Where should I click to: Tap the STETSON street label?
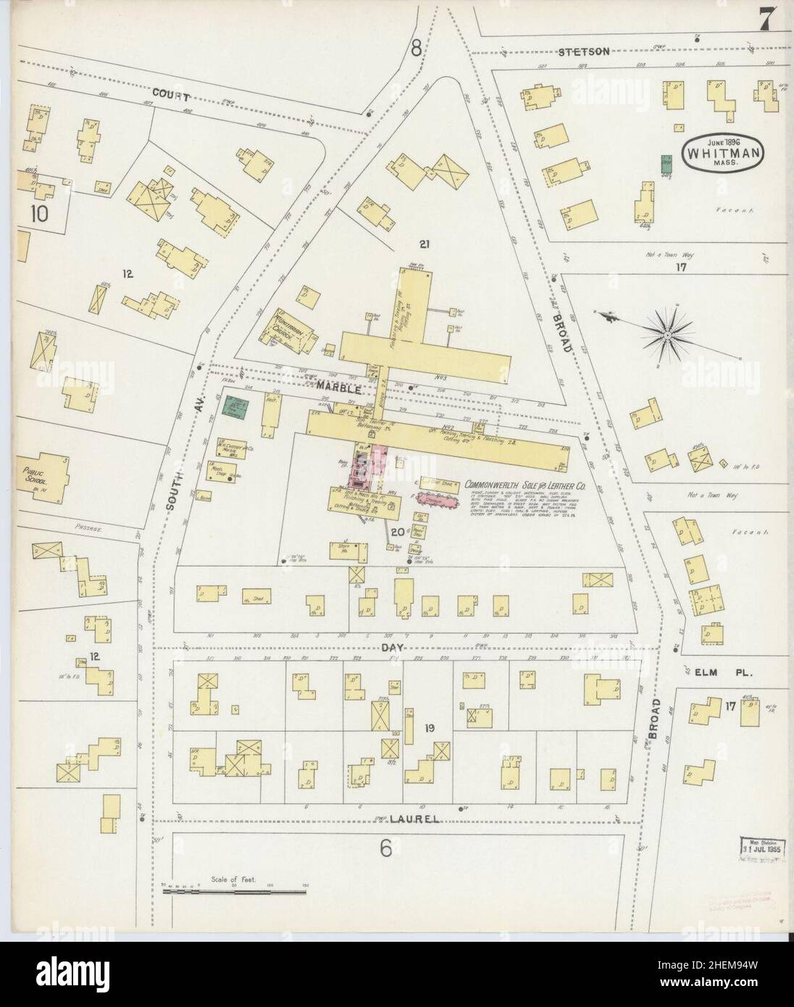click(583, 51)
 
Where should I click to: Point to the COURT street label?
click(171, 96)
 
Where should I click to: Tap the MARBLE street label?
click(340, 389)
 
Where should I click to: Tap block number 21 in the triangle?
click(424, 244)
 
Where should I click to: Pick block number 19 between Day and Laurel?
click(429, 728)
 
